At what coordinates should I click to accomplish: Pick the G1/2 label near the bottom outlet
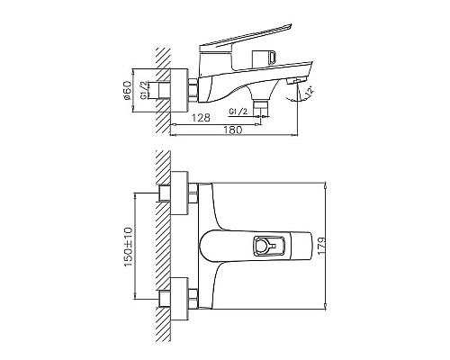238,111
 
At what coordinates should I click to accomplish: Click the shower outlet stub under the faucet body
261,103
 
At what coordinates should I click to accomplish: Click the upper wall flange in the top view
181,194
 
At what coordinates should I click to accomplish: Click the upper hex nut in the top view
166,194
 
